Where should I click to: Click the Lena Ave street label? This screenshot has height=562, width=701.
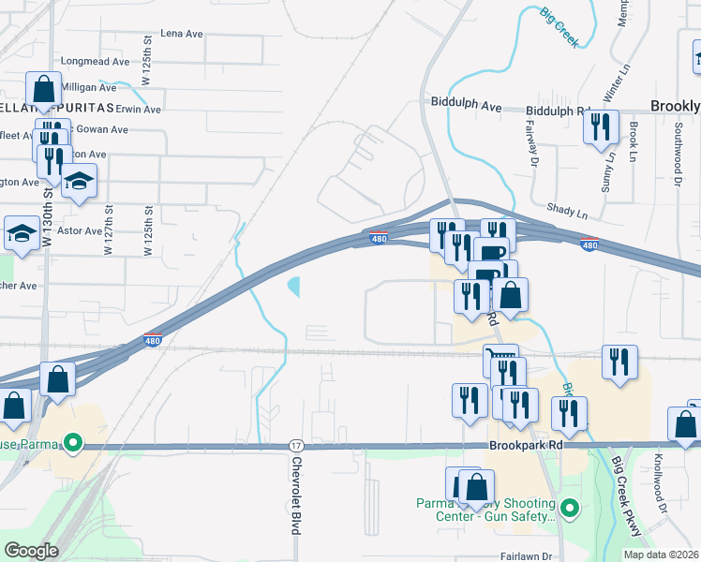[182, 34]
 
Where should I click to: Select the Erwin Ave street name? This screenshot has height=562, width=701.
[139, 109]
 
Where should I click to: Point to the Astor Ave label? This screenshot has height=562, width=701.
[80, 230]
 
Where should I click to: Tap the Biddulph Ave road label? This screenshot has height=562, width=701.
[466, 105]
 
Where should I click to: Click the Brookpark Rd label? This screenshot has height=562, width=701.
[526, 447]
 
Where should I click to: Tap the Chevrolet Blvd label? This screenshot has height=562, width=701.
[296, 495]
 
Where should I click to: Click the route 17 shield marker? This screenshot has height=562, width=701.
[296, 445]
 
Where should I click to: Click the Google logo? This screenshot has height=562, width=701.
[31, 551]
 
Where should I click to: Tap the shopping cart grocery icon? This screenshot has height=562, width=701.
[501, 359]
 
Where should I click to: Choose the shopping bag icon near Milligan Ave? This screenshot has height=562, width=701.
[44, 90]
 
